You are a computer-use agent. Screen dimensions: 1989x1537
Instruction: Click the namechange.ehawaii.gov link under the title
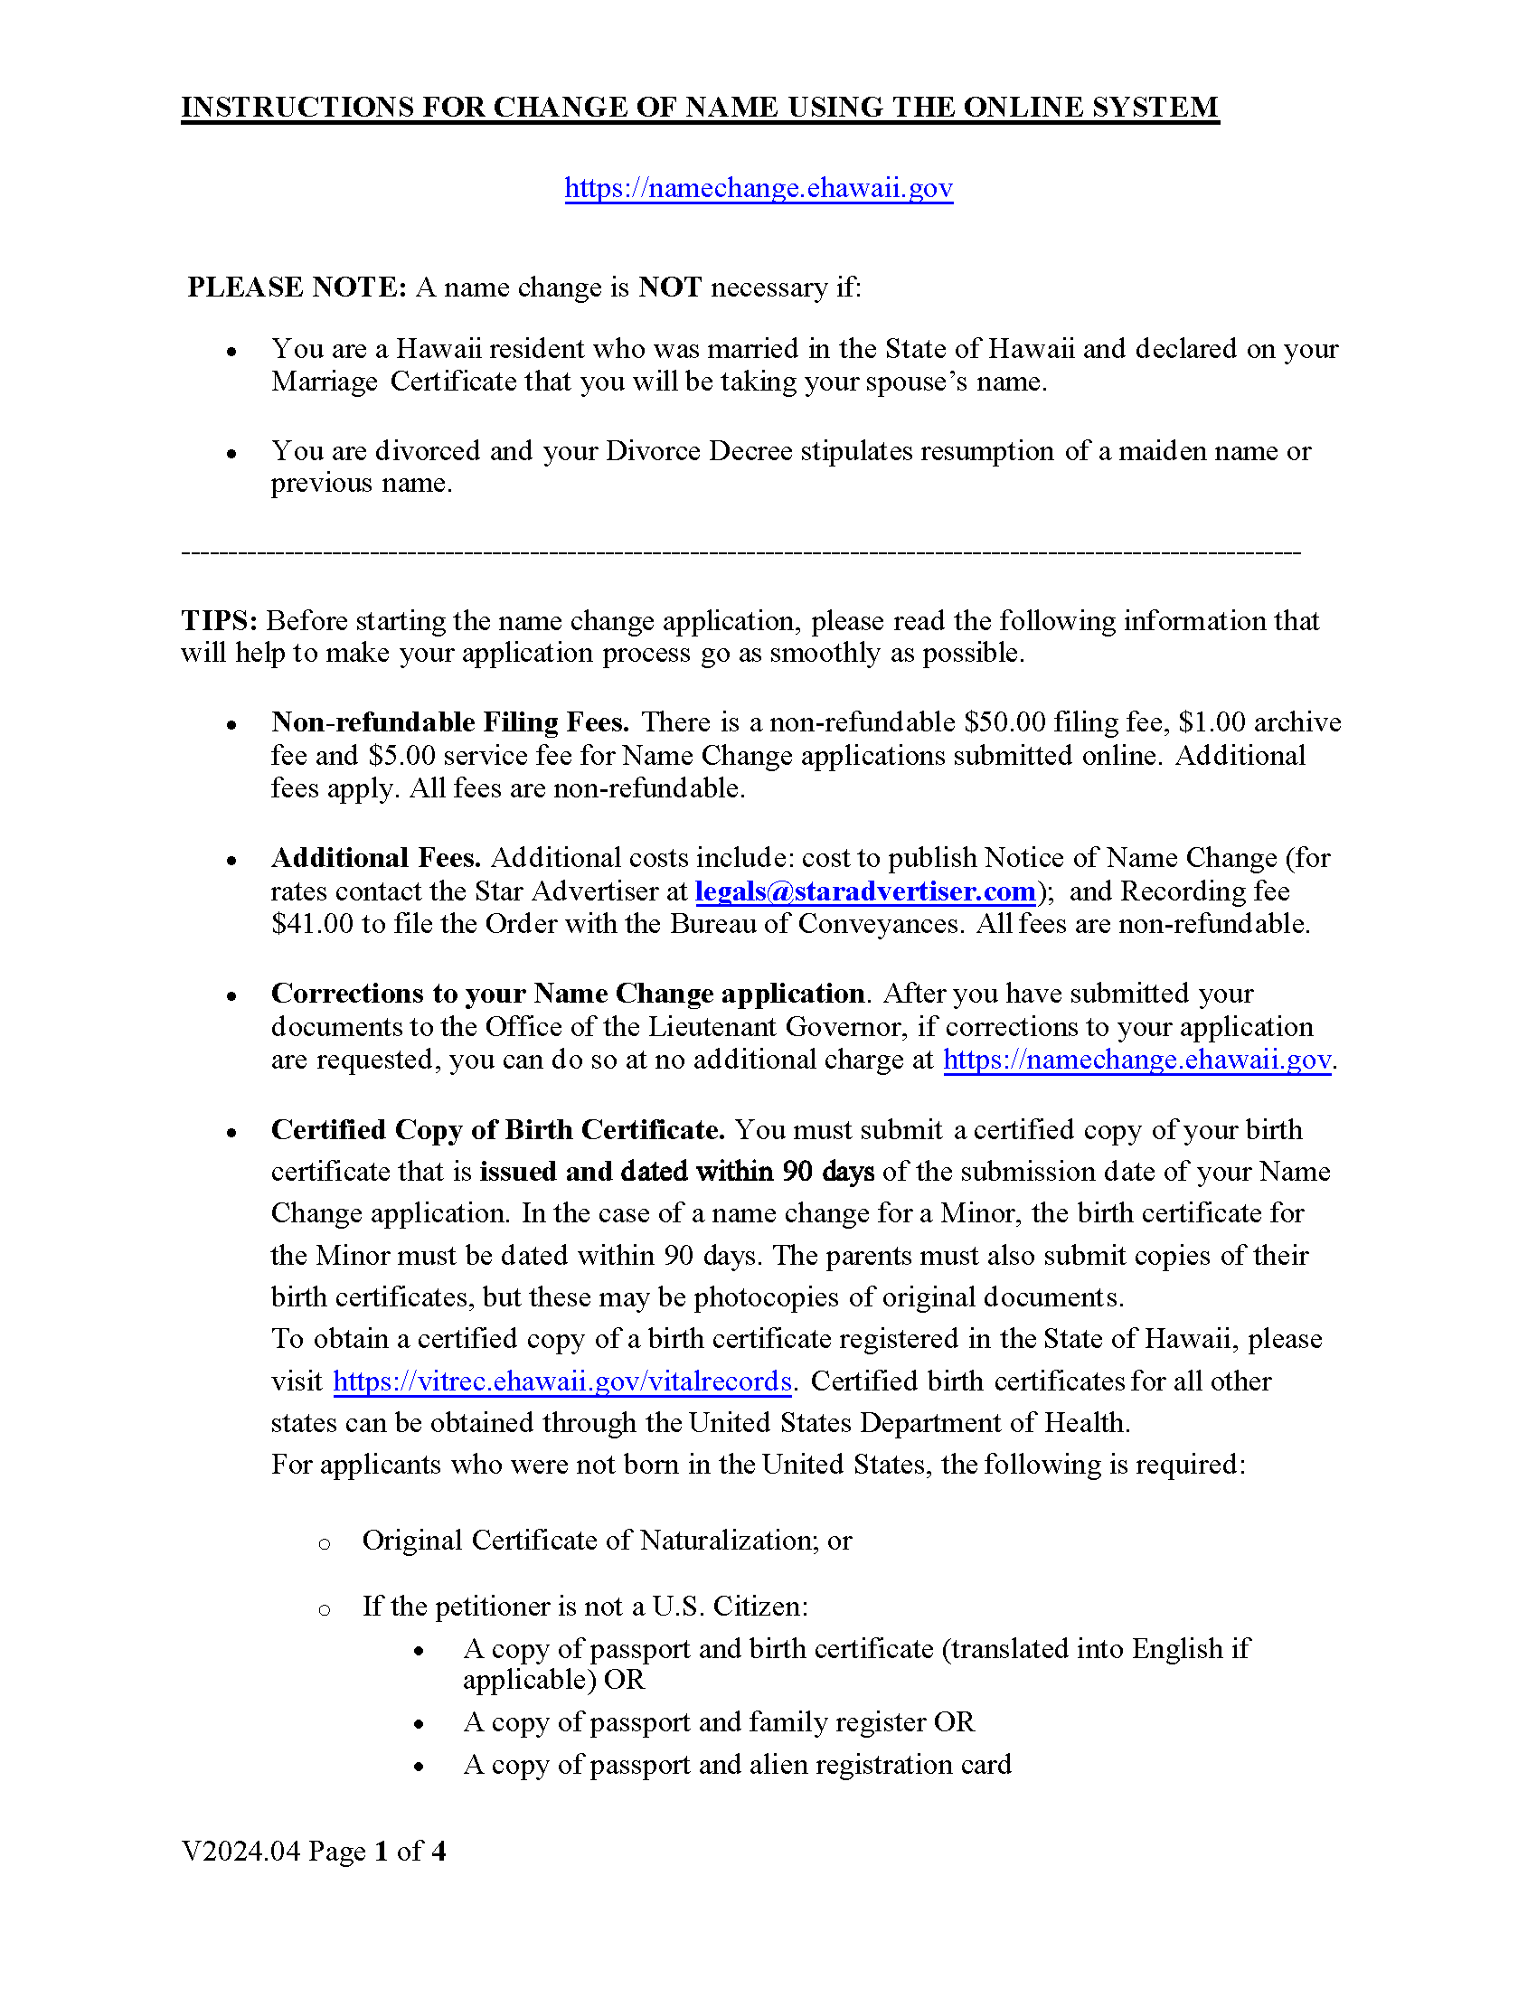coord(759,188)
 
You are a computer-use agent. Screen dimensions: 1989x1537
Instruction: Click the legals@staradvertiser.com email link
coord(865,891)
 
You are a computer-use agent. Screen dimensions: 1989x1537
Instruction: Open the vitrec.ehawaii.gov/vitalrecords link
coord(561,1381)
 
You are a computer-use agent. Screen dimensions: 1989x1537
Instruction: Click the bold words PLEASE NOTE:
coord(297,287)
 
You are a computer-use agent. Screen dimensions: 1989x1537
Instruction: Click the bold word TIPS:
coord(220,620)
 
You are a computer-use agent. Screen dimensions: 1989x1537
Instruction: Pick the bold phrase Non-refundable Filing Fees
coord(450,722)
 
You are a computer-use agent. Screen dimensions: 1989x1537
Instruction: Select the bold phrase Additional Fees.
coord(376,858)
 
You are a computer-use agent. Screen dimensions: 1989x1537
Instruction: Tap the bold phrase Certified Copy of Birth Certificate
coord(497,1129)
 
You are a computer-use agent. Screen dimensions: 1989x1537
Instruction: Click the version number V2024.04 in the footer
coord(240,1851)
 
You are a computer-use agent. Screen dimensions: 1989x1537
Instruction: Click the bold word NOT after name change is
coord(669,287)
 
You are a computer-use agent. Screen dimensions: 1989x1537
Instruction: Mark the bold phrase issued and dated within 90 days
coord(676,1171)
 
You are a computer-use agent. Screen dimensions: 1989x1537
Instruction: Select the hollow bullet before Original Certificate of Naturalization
coord(325,1542)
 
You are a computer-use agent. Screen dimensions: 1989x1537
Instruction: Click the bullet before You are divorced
coord(232,453)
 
